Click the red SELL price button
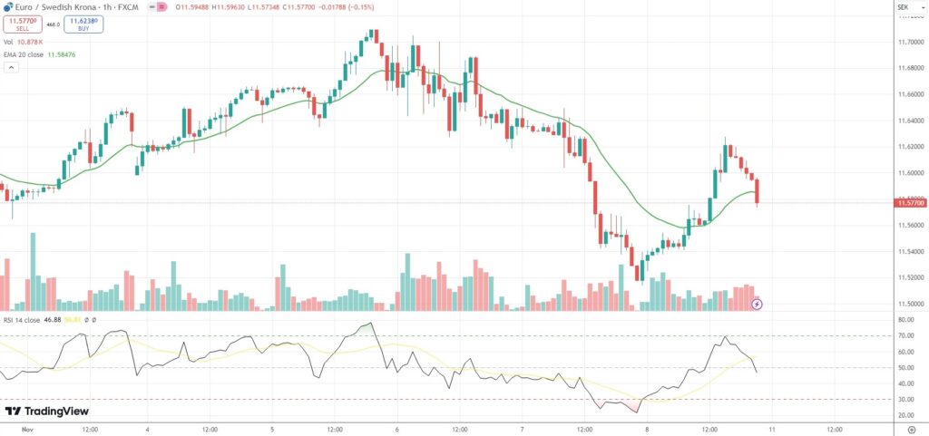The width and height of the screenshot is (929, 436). pos(23,24)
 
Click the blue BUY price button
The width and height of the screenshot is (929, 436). pos(83,24)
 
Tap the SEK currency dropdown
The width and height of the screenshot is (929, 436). pos(903,7)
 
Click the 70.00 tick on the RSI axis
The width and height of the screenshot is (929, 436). pos(905,336)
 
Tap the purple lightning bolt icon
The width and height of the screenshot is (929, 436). pos(757,304)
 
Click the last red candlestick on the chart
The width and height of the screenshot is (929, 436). pos(757,190)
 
